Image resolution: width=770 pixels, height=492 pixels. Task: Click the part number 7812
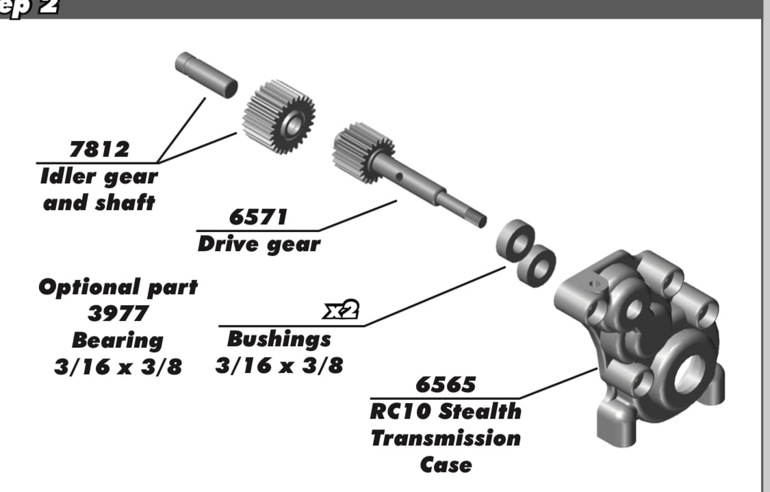pyautogui.click(x=99, y=149)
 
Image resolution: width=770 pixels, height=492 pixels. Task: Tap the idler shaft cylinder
pyautogui.click(x=206, y=75)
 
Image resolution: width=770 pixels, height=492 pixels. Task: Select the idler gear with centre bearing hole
pyautogui.click(x=279, y=117)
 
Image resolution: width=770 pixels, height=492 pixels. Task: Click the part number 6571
pyautogui.click(x=258, y=217)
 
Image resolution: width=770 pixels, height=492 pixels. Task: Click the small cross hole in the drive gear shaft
pyautogui.click(x=399, y=177)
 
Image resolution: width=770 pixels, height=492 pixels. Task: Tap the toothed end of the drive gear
pyautogui.click(x=362, y=152)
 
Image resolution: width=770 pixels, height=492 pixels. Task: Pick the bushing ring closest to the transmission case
pyautogui.click(x=536, y=266)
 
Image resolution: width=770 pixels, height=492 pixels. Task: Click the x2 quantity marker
pyautogui.click(x=341, y=310)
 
